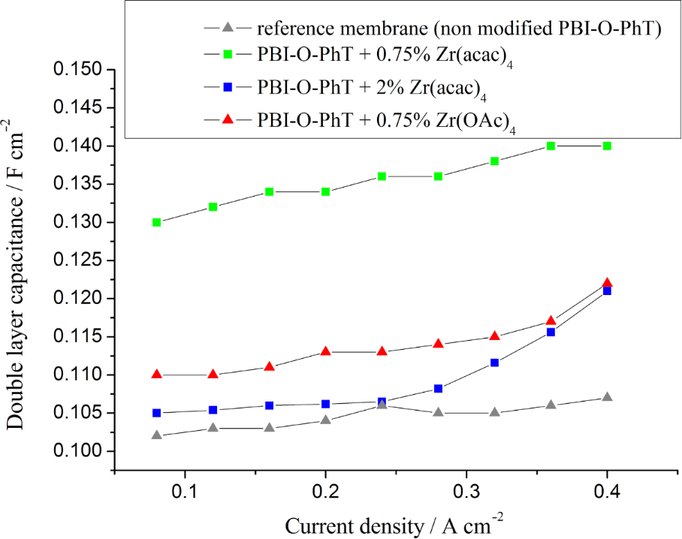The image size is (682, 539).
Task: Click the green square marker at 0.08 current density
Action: [x=156, y=222]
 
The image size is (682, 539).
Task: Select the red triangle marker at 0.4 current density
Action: [x=607, y=283]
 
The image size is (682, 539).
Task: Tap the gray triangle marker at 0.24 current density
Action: [x=382, y=405]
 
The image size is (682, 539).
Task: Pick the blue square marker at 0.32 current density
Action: [x=494, y=363]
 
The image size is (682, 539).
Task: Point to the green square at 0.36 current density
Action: [x=551, y=146]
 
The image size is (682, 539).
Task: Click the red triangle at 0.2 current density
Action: [x=325, y=351]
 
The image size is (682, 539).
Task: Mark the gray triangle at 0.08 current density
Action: [x=156, y=435]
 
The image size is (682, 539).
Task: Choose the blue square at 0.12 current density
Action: [x=213, y=410]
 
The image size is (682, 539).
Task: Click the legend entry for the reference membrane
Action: [x=458, y=29]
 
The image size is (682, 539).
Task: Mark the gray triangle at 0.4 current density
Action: [x=607, y=397]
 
